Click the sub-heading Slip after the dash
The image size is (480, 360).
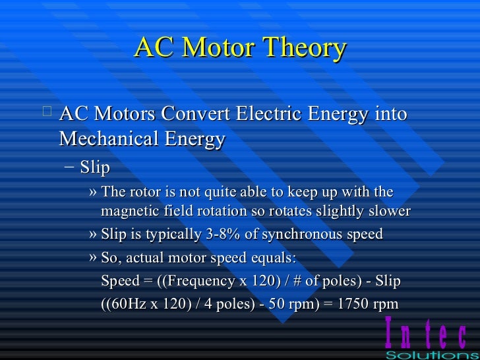coord(95,167)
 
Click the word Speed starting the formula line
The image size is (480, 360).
coord(120,282)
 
